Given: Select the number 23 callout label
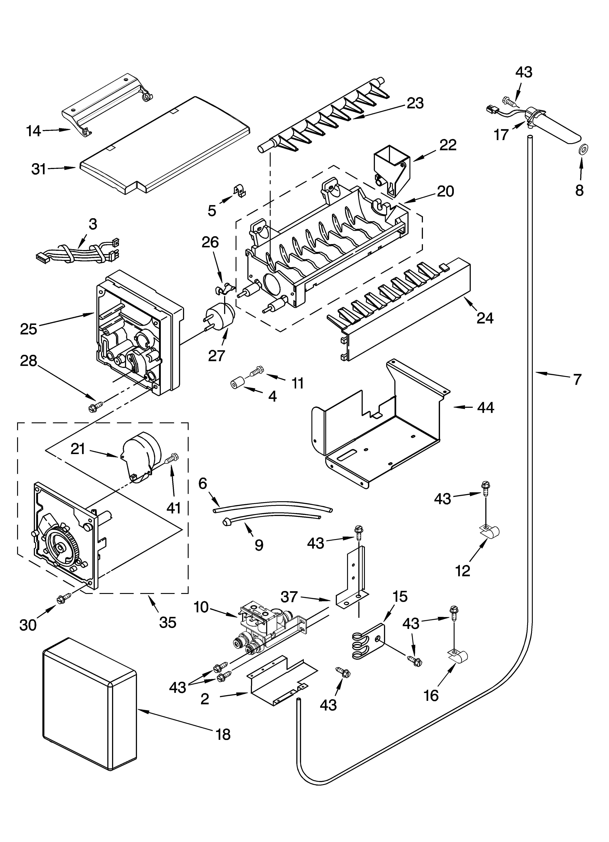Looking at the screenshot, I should click(x=415, y=103).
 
